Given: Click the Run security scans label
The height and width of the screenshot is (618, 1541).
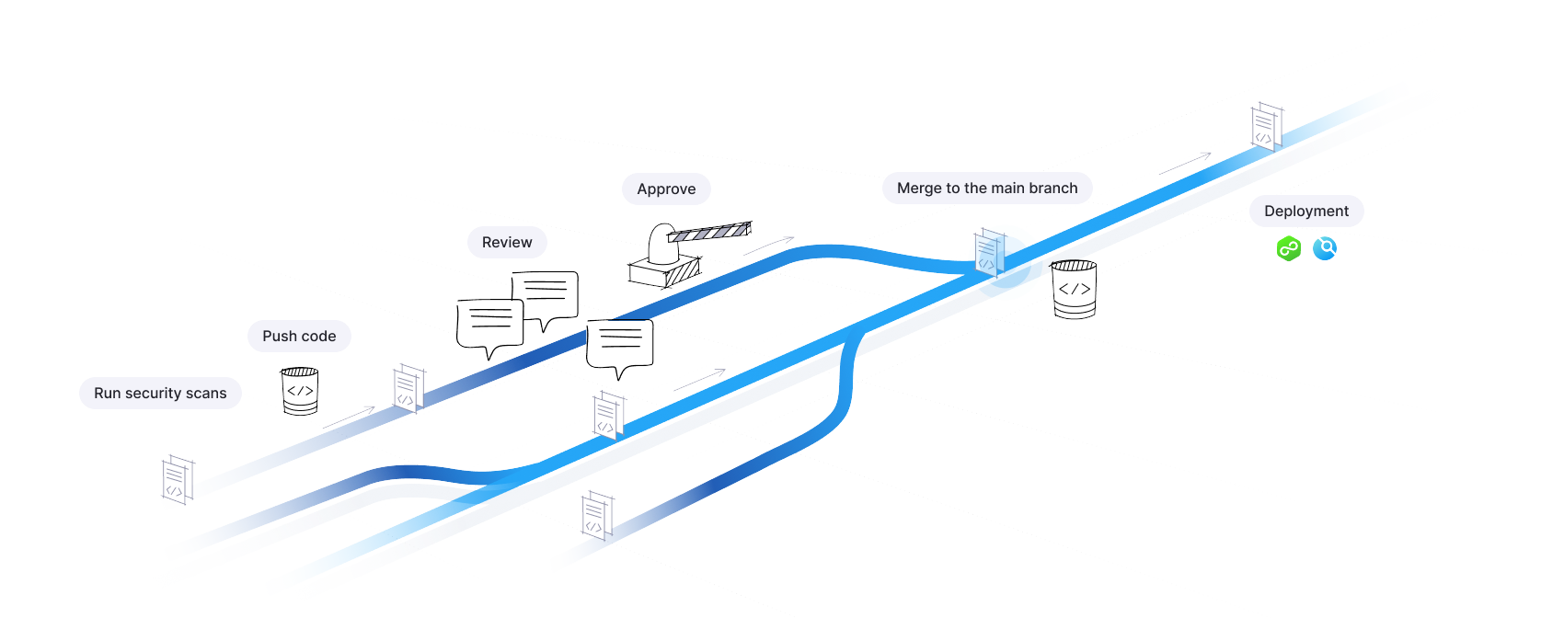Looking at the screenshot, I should tap(160, 394).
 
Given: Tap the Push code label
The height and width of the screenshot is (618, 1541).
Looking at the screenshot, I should tap(299, 337).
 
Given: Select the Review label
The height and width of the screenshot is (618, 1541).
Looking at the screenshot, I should tap(507, 243).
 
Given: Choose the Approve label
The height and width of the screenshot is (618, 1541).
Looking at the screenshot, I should tap(666, 189).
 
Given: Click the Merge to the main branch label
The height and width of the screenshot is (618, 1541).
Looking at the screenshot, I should tap(987, 189).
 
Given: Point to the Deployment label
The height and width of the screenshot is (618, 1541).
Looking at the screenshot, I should tap(1305, 212).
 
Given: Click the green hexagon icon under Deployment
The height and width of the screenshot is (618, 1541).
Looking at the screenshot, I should tap(1289, 248).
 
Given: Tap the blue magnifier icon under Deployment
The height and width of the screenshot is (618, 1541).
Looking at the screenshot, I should tap(1325, 248).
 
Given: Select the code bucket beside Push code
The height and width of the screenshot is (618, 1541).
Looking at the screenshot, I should tap(300, 391).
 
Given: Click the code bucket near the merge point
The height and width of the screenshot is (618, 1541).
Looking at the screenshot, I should tap(1074, 289).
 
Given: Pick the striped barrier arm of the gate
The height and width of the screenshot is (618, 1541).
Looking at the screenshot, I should tap(709, 233).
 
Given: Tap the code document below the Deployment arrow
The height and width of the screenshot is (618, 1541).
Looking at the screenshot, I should tap(1266, 127).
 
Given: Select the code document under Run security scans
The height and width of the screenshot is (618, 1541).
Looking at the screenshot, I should tap(177, 479).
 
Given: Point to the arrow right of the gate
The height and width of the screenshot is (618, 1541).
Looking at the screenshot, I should tap(769, 246).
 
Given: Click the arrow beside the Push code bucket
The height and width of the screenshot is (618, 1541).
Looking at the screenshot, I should tap(350, 418).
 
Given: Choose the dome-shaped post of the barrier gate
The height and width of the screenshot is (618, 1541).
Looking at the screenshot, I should tap(661, 245).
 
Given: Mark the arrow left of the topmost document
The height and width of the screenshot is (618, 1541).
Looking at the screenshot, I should tap(1185, 163).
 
